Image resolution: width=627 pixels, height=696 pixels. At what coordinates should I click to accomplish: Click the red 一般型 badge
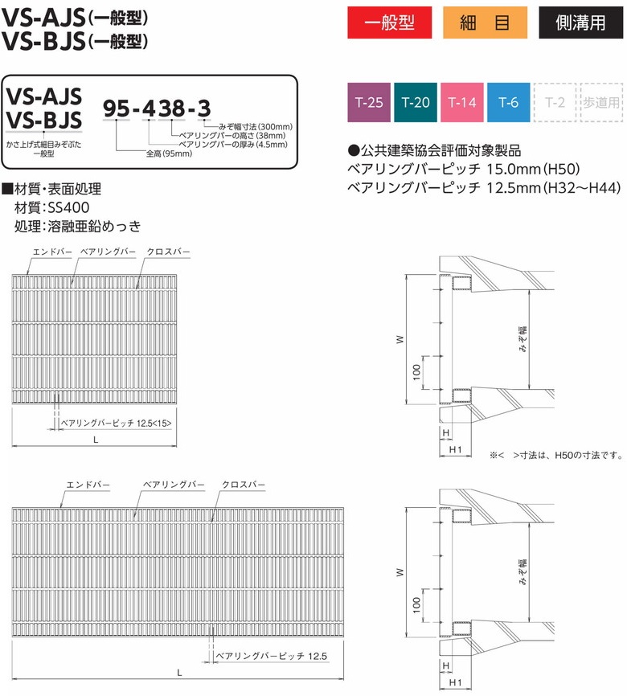click(389, 23)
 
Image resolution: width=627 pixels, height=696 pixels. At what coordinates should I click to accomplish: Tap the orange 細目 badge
click(485, 23)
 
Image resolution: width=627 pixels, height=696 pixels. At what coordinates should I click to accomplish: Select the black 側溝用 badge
click(581, 23)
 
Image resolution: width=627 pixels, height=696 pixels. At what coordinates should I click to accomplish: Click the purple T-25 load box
click(369, 102)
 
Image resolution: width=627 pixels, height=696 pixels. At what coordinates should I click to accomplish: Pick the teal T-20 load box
click(416, 102)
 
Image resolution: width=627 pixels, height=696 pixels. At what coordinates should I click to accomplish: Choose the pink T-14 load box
click(462, 102)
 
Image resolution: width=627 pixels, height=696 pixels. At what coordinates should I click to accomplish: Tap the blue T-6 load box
click(509, 102)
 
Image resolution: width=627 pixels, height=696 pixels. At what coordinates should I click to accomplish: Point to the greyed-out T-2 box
click(555, 102)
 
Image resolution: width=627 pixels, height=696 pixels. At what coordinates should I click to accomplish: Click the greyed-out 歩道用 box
click(601, 102)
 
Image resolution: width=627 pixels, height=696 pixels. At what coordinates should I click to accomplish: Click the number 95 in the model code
click(117, 108)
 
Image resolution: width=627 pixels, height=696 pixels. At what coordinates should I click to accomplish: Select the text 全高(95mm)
click(169, 154)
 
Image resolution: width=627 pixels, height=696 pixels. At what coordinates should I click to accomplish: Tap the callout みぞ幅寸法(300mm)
click(256, 127)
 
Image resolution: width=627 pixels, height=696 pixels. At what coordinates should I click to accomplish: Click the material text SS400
click(68, 207)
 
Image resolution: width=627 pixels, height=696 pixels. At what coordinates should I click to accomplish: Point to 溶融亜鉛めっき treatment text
click(94, 226)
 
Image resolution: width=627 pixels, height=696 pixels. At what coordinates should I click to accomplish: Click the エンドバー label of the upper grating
click(52, 252)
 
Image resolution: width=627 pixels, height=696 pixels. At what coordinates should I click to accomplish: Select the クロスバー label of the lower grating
click(244, 485)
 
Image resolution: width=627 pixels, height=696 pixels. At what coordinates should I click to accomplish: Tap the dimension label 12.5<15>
click(154, 423)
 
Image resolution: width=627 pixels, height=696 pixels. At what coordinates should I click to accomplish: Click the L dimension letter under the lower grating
click(179, 673)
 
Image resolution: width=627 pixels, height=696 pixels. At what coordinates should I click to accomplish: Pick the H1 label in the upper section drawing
click(455, 449)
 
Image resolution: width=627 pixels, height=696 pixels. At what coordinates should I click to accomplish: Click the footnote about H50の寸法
click(556, 455)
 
